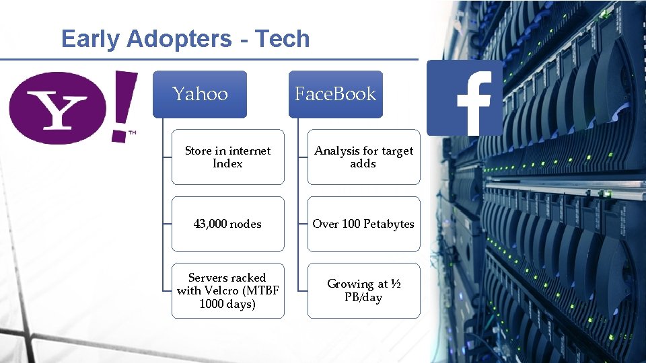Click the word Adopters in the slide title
tap(172, 39)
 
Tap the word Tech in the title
tap(283, 39)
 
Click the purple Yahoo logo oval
tap(57, 108)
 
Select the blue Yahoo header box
tap(200, 94)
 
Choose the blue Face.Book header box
tap(335, 94)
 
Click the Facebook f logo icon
tap(464, 98)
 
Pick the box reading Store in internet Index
tap(227, 157)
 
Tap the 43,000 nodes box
tap(227, 224)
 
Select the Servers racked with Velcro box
tap(227, 290)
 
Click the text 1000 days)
tap(227, 304)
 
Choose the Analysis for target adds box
tap(363, 157)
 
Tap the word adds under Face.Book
tap(363, 163)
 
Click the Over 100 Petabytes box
tap(363, 224)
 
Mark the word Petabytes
tap(389, 224)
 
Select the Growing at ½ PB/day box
tap(363, 290)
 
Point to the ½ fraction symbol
tap(396, 284)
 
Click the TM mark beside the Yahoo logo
tap(132, 133)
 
